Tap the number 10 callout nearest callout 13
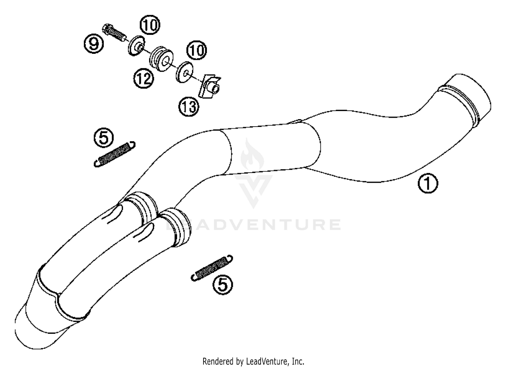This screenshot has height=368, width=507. (196, 51)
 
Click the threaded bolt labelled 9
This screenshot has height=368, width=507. (115, 33)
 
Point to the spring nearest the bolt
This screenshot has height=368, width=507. (114, 154)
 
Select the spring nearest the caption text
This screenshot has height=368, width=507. (212, 267)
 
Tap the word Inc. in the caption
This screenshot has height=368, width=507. (298, 361)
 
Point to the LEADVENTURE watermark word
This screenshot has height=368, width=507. (254, 225)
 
